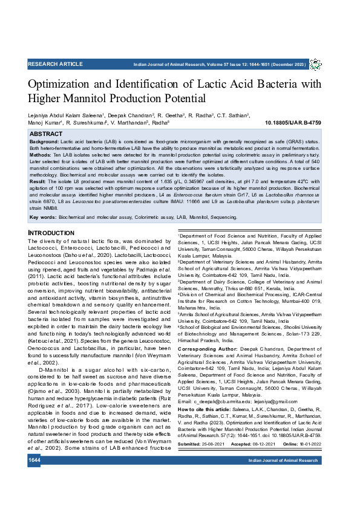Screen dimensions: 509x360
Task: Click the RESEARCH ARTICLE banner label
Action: point(56,64)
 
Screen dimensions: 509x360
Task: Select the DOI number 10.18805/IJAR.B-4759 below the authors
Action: point(293,122)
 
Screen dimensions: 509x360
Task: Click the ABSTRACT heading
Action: point(45,134)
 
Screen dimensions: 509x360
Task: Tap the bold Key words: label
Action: point(43,216)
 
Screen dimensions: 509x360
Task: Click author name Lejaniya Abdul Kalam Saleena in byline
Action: point(65,115)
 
